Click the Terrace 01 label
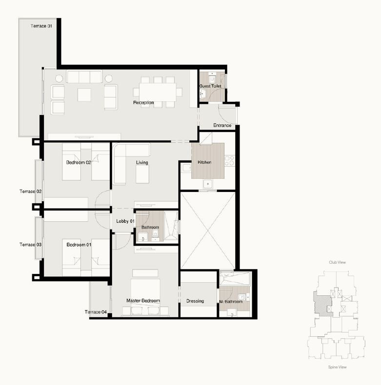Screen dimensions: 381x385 41,26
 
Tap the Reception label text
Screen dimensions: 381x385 143,102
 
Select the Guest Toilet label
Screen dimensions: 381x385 210,86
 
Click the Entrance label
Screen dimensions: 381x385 222,125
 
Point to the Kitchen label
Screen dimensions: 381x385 204,162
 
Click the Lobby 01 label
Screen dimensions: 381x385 125,221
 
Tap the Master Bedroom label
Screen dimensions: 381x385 143,301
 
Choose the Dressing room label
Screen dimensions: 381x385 195,301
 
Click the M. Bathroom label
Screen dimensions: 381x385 231,302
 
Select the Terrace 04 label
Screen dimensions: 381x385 96,312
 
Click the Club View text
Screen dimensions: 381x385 337,262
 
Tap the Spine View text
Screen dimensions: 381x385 337,367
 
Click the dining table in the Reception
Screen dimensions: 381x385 158,92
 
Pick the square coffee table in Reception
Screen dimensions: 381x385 84,95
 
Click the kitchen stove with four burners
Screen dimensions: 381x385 230,161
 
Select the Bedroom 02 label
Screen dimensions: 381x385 79,162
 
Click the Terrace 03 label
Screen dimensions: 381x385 30,245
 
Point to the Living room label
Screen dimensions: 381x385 142,162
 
